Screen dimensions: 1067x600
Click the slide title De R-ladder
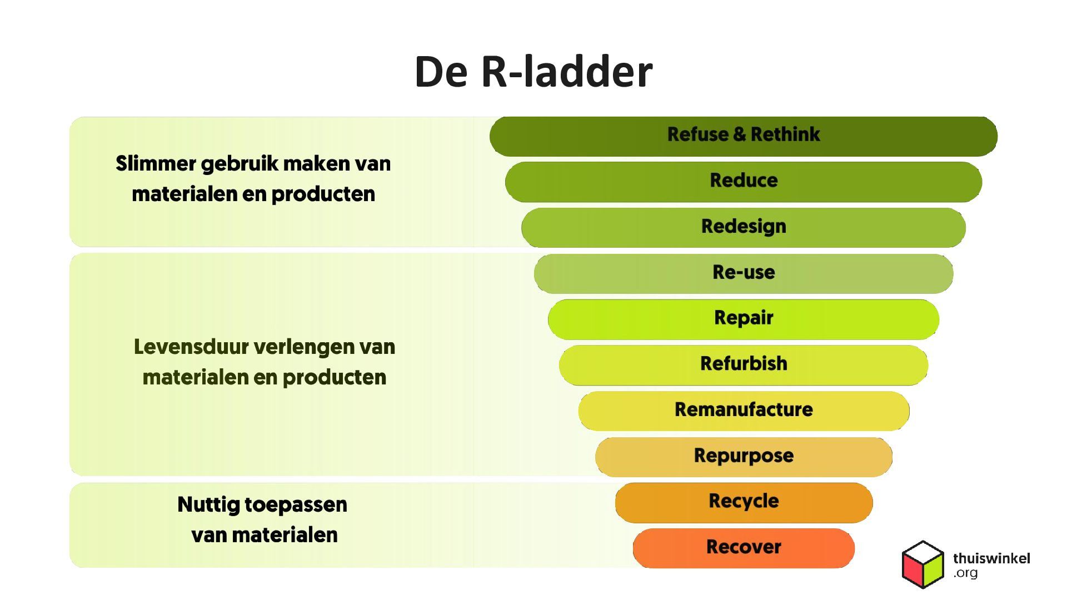tap(533, 72)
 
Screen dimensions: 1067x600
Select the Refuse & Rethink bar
tap(744, 136)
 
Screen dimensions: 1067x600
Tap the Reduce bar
tap(744, 182)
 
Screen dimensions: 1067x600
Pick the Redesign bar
tap(744, 227)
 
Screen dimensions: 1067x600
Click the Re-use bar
tap(744, 273)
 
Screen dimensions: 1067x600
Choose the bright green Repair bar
tap(744, 319)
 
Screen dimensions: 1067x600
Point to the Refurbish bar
tap(744, 364)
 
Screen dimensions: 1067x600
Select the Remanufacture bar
tap(744, 411)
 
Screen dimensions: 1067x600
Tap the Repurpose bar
tap(744, 456)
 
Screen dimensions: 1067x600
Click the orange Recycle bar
tap(744, 502)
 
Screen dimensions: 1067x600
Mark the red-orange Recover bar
tap(744, 548)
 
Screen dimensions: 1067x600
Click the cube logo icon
tap(923, 564)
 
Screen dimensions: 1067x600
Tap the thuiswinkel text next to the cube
tap(991, 558)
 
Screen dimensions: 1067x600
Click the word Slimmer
tap(156, 164)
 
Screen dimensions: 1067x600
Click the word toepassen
tap(296, 505)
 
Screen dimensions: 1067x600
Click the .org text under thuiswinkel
tap(965, 573)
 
